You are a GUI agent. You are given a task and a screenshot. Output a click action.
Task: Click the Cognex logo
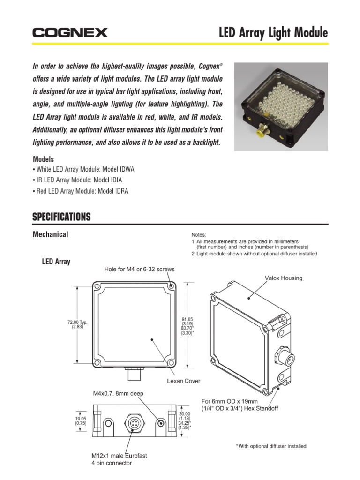coord(70,33)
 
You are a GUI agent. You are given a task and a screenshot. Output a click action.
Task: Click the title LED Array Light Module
coord(274,33)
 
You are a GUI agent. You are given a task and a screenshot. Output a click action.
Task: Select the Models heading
coord(43,159)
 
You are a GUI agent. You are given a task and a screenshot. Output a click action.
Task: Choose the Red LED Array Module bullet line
coord(80,191)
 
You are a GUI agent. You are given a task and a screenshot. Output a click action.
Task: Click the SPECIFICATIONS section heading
coord(61,217)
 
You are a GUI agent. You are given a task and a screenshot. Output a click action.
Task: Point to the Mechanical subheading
coord(50,234)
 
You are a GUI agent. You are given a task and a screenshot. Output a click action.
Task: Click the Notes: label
coord(199,235)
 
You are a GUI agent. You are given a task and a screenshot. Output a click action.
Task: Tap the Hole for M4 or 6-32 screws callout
coord(139,269)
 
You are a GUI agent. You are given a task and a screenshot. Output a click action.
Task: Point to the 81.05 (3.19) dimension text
coord(187,321)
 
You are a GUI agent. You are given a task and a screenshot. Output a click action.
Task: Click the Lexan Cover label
coord(184,381)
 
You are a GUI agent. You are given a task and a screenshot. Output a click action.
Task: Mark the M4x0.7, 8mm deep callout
coord(117,393)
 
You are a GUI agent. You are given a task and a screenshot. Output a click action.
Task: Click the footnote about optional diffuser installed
coord(271,446)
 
